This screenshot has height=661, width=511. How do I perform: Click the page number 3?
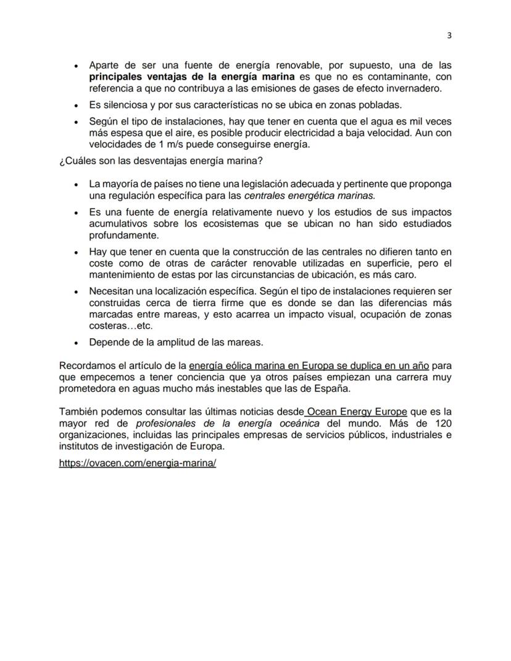point(449,35)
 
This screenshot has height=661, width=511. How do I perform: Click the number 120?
point(443,423)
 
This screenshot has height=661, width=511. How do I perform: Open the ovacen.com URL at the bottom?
point(137,463)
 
